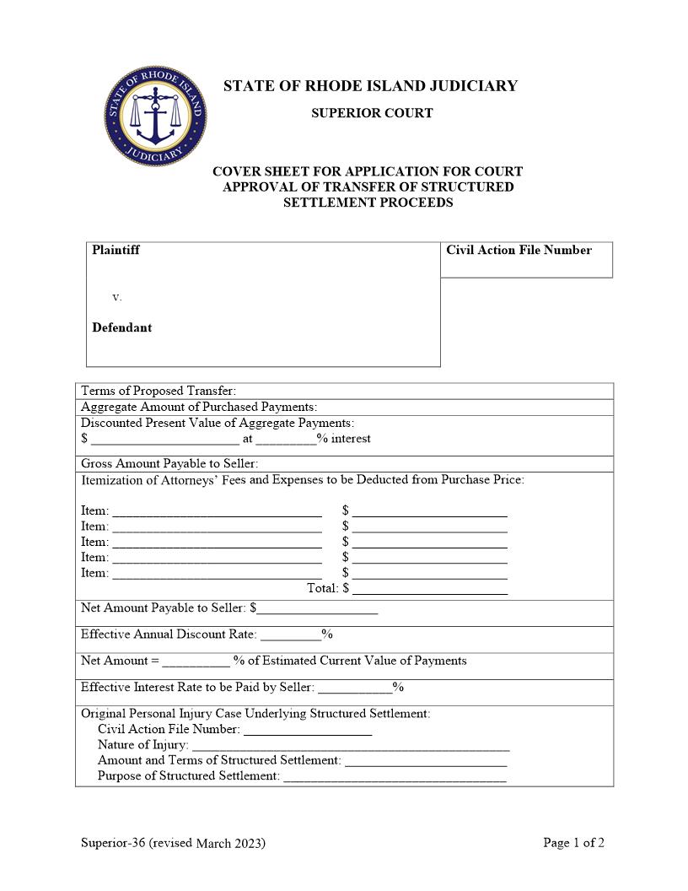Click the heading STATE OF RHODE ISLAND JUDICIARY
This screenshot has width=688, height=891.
pos(370,86)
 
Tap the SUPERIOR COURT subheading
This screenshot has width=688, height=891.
pos(372,113)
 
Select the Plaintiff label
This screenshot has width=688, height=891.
pos(116,251)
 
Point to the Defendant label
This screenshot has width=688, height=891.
pos(121,328)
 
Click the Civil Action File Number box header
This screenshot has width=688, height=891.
pos(519,251)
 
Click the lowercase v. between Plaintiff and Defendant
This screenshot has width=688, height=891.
pos(117,297)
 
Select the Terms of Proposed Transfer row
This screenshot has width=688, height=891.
pos(159,391)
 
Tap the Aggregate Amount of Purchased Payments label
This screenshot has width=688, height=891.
pos(199,407)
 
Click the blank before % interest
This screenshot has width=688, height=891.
pos(286,439)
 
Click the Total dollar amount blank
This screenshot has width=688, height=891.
pos(430,589)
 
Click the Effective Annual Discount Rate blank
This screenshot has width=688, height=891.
pos(290,634)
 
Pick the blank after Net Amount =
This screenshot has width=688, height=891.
pos(196,661)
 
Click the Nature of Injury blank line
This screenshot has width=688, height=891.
pos(351,745)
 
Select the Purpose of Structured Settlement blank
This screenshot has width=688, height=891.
pos(395,776)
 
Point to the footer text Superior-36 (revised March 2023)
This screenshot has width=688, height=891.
pos(173,843)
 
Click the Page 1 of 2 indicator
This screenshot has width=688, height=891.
pos(573,843)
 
